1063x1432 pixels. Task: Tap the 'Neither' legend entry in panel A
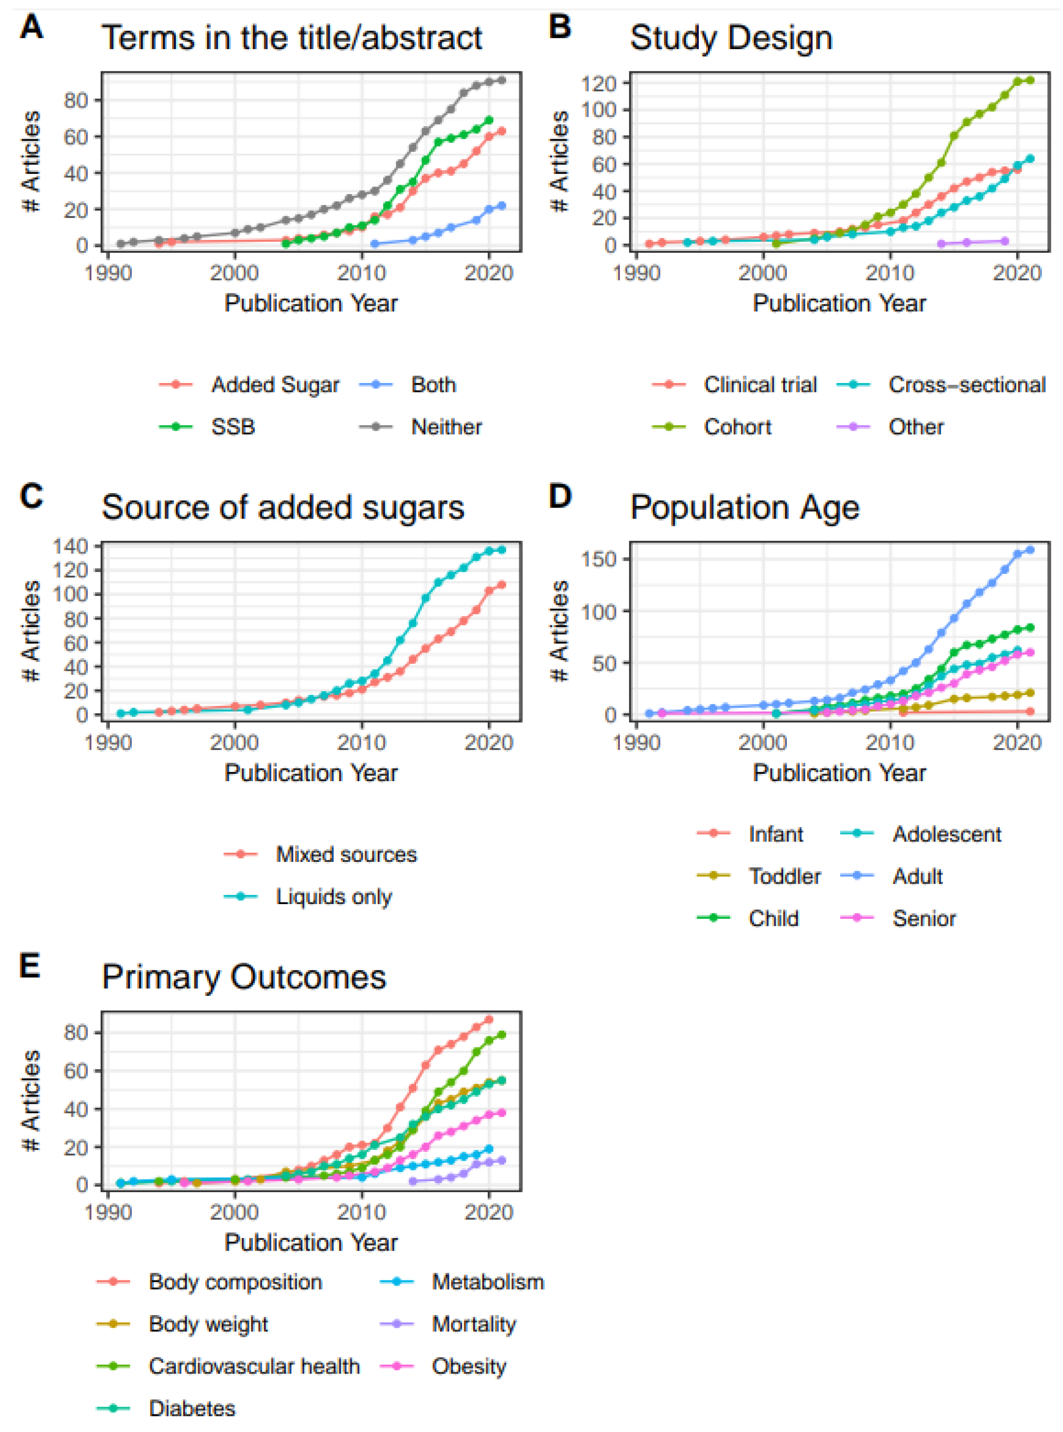coord(446,426)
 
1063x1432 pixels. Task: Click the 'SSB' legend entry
coord(232,426)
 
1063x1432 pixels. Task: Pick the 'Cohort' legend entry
coord(737,426)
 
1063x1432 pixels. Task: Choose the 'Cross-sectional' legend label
coord(966,385)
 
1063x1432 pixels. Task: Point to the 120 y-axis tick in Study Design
coord(599,83)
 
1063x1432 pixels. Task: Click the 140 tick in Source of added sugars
coord(70,546)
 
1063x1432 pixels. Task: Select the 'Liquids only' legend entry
coord(333,896)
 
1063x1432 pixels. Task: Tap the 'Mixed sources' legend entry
coord(346,854)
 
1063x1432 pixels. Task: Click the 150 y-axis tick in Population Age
coord(599,559)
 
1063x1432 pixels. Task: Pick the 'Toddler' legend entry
coord(784,876)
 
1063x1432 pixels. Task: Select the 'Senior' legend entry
coord(923,918)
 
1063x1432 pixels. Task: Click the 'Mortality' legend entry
coord(474,1324)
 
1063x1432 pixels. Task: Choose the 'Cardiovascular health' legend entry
coord(253,1366)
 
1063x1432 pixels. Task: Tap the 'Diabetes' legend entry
coord(192,1408)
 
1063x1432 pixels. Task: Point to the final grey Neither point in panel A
coord(501,80)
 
